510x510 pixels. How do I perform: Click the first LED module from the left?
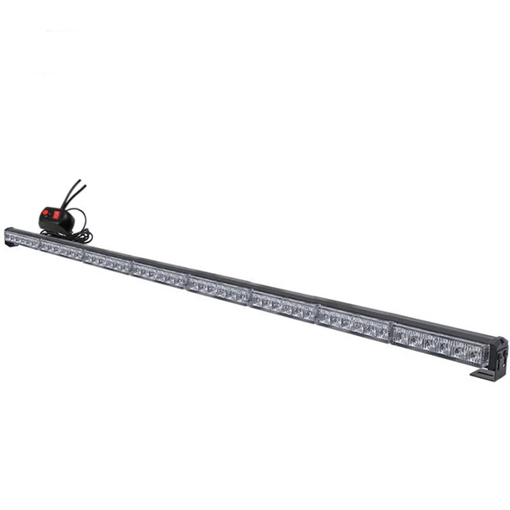coord(22,239)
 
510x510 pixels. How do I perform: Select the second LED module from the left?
coord(61,250)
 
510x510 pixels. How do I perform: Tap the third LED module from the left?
coord(106,262)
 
